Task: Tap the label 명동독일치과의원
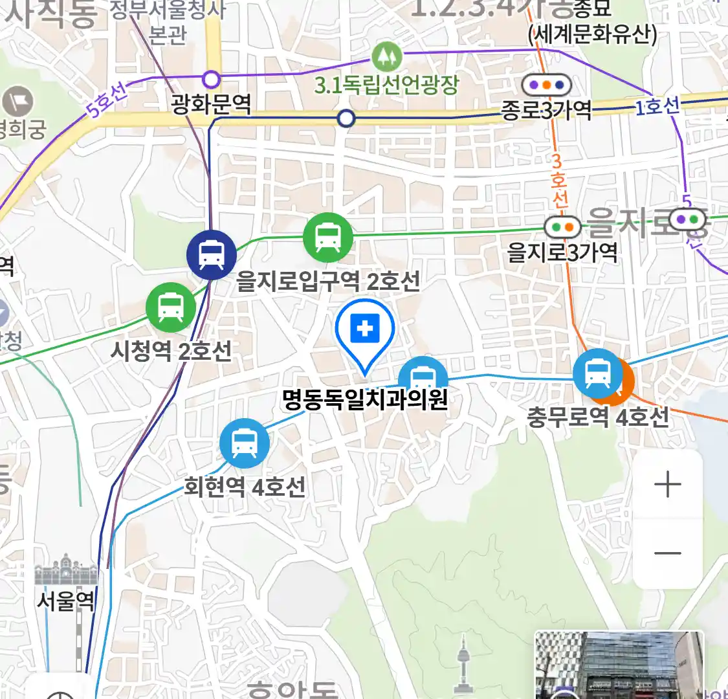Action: tap(365, 399)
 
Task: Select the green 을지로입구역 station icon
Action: tap(328, 238)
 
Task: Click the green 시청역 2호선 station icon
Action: tap(170, 307)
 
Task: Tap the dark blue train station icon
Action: tap(211, 254)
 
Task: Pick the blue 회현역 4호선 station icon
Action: tap(244, 443)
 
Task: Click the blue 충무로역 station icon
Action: tap(596, 373)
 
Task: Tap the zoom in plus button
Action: tap(668, 484)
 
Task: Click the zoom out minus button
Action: tap(668, 553)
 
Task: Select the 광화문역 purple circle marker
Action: tap(212, 80)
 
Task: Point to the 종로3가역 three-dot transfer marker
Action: tap(546, 85)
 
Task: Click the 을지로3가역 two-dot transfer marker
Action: tap(562, 227)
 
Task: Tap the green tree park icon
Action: tap(386, 57)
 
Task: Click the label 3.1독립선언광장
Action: tap(386, 85)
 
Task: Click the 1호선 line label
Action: tap(656, 106)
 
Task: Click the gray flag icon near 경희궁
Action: tap(17, 102)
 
